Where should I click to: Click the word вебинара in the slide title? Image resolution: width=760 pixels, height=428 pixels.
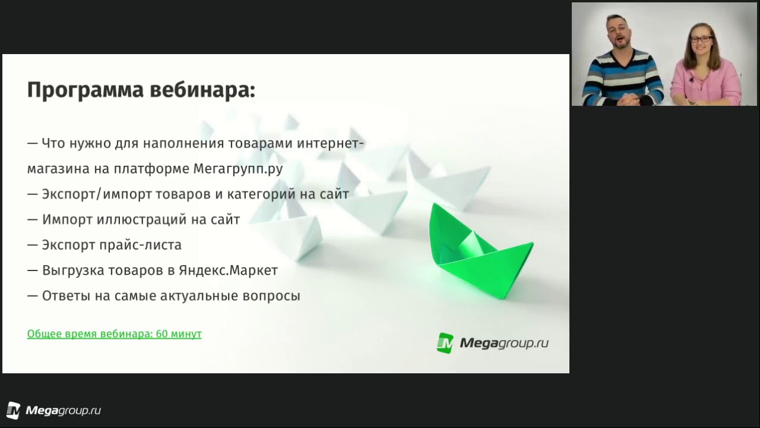click(x=202, y=90)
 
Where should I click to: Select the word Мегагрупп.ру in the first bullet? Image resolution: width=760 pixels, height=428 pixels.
click(x=238, y=169)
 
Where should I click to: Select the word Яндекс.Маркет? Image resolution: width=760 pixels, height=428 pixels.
click(x=229, y=270)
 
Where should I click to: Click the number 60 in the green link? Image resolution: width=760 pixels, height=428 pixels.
click(x=161, y=334)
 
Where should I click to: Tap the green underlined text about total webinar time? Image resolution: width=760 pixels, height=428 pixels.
click(x=115, y=334)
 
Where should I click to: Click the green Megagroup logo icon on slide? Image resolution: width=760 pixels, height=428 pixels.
click(x=445, y=343)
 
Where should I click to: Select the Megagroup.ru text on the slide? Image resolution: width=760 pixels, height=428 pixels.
click(x=504, y=343)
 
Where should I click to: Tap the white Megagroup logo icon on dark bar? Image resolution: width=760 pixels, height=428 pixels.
click(x=13, y=410)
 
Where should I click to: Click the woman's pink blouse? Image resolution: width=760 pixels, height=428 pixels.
click(x=706, y=81)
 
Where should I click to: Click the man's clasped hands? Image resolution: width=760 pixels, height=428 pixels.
click(x=634, y=99)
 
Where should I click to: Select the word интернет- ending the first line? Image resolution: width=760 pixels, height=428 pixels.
click(x=331, y=143)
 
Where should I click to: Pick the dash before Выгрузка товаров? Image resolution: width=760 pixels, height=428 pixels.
click(x=32, y=271)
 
